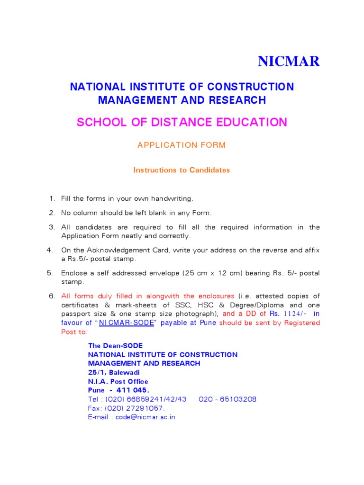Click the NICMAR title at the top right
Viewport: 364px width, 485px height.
click(x=289, y=62)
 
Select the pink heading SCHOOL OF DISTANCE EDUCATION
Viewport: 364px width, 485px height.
click(x=182, y=122)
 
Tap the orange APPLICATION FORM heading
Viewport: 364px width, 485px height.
click(x=182, y=145)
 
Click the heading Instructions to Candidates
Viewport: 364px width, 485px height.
click(x=182, y=170)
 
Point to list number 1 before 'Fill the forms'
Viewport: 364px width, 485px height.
click(x=52, y=198)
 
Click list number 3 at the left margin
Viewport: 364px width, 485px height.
click(x=52, y=227)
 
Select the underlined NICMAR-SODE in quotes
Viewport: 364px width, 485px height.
click(x=129, y=323)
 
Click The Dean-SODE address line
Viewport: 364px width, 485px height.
click(x=115, y=346)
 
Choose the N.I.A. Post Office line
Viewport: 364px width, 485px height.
click(x=118, y=381)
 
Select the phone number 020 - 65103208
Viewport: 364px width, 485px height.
click(x=227, y=399)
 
